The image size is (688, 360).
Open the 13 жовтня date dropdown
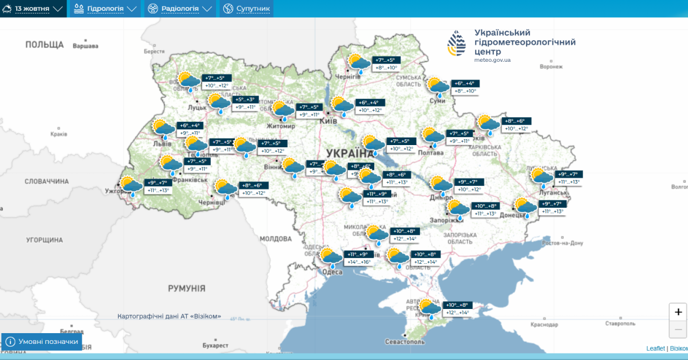click(x=33, y=9)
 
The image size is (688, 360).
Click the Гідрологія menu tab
click(x=105, y=9)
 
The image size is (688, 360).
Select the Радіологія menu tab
click(x=180, y=9)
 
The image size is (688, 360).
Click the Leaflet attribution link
click(x=655, y=348)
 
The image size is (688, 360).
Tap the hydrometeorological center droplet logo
click(x=457, y=43)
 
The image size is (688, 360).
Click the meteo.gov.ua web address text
click(x=492, y=60)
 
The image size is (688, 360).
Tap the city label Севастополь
click(x=405, y=342)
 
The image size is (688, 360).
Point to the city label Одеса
click(x=332, y=272)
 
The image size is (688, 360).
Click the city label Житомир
click(x=281, y=126)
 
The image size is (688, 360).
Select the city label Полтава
click(x=431, y=153)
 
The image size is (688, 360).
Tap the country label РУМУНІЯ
click(x=187, y=289)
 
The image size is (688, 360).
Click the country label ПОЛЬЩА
click(x=45, y=45)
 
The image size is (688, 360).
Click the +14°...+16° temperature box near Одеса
click(x=359, y=262)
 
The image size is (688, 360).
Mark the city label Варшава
click(x=85, y=46)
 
